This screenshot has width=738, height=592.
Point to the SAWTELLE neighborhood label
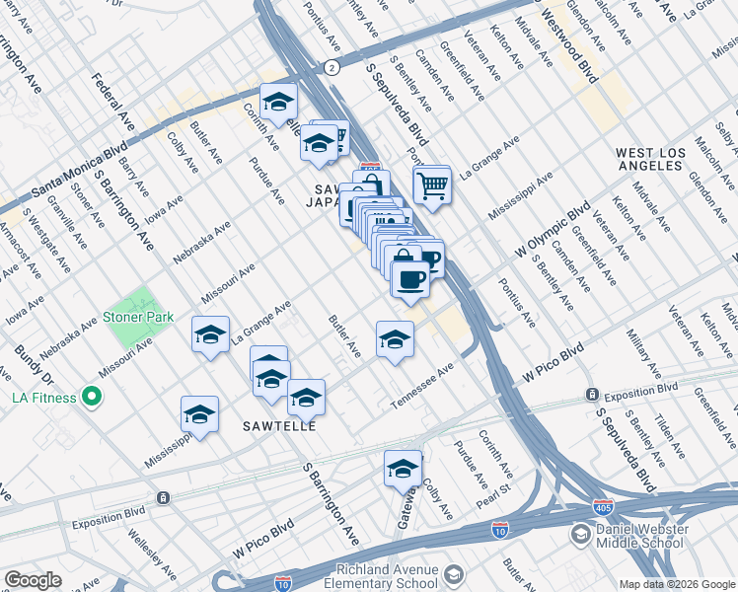(279, 426)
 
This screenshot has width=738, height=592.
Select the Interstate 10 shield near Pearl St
(499, 529)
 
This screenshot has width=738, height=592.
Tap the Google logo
(33, 579)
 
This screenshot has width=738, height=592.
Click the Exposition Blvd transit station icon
(592, 394)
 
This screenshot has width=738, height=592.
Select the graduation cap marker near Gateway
(403, 471)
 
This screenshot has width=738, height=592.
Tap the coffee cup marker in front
(410, 278)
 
